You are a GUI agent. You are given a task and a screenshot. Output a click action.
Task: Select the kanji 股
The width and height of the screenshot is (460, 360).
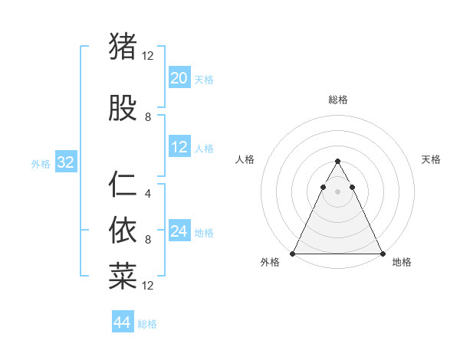(x=123, y=109)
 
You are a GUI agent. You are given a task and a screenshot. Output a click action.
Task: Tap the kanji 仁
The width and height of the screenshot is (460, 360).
(x=123, y=185)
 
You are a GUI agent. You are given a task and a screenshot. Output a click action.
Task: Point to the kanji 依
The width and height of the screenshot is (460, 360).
(x=123, y=228)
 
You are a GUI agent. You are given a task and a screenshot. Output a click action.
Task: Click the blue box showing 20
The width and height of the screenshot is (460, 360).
(x=179, y=78)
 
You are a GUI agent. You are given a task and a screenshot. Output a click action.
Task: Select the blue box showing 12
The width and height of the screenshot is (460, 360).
(x=179, y=148)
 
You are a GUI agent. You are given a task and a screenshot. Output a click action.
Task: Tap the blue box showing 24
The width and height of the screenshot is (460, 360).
(x=179, y=232)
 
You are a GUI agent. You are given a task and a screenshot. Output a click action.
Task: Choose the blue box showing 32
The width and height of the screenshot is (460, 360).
(x=65, y=163)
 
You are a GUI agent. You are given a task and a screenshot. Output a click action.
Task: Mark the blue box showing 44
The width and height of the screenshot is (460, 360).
(x=122, y=322)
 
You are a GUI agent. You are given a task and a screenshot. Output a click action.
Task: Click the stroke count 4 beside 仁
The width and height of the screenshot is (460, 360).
(x=147, y=194)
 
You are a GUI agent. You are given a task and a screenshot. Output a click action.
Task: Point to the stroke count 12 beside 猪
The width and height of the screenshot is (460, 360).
(x=147, y=56)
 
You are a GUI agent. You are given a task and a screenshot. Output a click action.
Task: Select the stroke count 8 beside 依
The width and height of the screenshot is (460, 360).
(x=147, y=240)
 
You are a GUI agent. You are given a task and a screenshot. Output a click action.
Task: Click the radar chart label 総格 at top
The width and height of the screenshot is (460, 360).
(x=337, y=100)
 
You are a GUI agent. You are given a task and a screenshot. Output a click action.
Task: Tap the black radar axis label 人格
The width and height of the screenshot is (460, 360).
(x=245, y=159)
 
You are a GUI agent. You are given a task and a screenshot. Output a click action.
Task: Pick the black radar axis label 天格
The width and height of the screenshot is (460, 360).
(x=431, y=159)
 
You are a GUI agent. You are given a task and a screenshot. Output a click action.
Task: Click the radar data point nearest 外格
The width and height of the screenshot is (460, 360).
(x=293, y=254)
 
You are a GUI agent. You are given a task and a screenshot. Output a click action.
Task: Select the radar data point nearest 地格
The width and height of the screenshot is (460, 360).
(x=382, y=254)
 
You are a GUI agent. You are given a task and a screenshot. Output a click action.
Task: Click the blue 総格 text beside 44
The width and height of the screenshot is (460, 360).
(x=147, y=324)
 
